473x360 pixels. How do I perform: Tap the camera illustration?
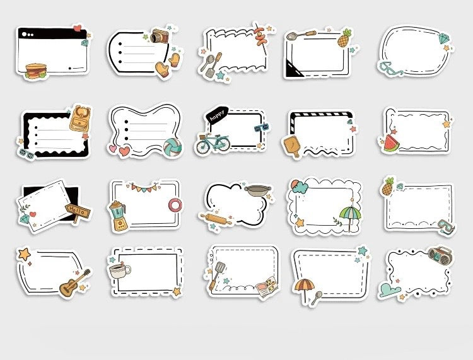tap(160, 36)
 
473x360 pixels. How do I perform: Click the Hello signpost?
tap(78, 212)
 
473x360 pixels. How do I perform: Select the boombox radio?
tap(439, 255)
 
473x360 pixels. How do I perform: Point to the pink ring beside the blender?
tap(173, 205)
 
